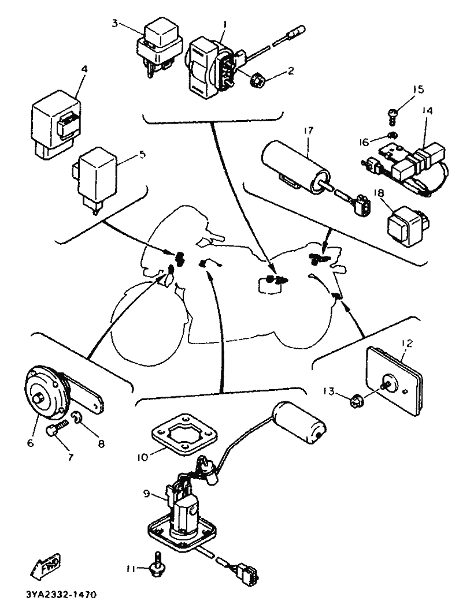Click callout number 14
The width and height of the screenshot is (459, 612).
pyautogui.click(x=428, y=110)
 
